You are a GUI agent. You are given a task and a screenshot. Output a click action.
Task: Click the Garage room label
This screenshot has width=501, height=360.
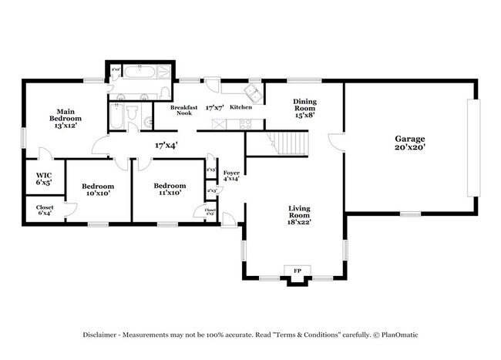pyautogui.click(x=410, y=143)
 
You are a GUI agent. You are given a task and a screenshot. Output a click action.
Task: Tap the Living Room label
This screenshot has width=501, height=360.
pyautogui.click(x=299, y=214)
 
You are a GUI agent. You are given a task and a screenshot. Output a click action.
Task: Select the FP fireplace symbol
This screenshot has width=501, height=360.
pyautogui.click(x=297, y=271)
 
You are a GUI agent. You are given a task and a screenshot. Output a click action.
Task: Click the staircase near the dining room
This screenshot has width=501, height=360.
pyautogui.click(x=291, y=143)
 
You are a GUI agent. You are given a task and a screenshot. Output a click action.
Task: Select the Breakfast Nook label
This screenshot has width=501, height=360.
pyautogui.click(x=184, y=110)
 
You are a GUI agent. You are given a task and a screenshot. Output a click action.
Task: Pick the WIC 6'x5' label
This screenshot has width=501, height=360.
pyautogui.click(x=44, y=179)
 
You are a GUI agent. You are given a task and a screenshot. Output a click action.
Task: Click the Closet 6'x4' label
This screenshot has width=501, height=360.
pyautogui.click(x=45, y=210)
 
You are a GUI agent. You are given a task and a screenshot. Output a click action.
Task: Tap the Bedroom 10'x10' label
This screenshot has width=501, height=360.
pyautogui.click(x=98, y=190)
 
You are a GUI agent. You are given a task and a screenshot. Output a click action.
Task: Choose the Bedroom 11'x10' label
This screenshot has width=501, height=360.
pyautogui.click(x=169, y=189)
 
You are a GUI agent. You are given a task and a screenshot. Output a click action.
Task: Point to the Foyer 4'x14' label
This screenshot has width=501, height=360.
pyautogui.click(x=230, y=175)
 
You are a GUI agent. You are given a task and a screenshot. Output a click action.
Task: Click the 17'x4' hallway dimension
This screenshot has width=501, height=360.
pyautogui.click(x=166, y=144)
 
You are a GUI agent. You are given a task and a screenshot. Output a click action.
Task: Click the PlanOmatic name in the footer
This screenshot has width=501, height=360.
pyautogui.click(x=397, y=335)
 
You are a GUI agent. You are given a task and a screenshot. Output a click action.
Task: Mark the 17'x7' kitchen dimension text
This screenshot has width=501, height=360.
pyautogui.click(x=215, y=109)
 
